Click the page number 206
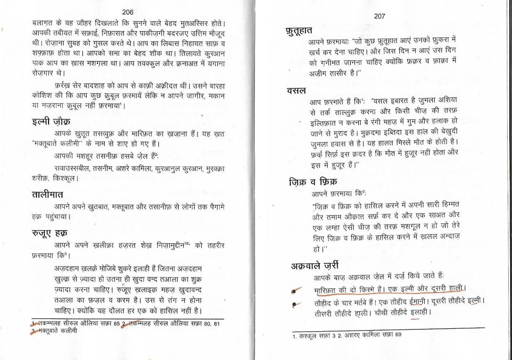coord(127,12)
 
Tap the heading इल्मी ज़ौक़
coord(46,122)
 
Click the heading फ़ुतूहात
coord(298,31)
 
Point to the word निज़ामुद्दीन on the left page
coord(168,246)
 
